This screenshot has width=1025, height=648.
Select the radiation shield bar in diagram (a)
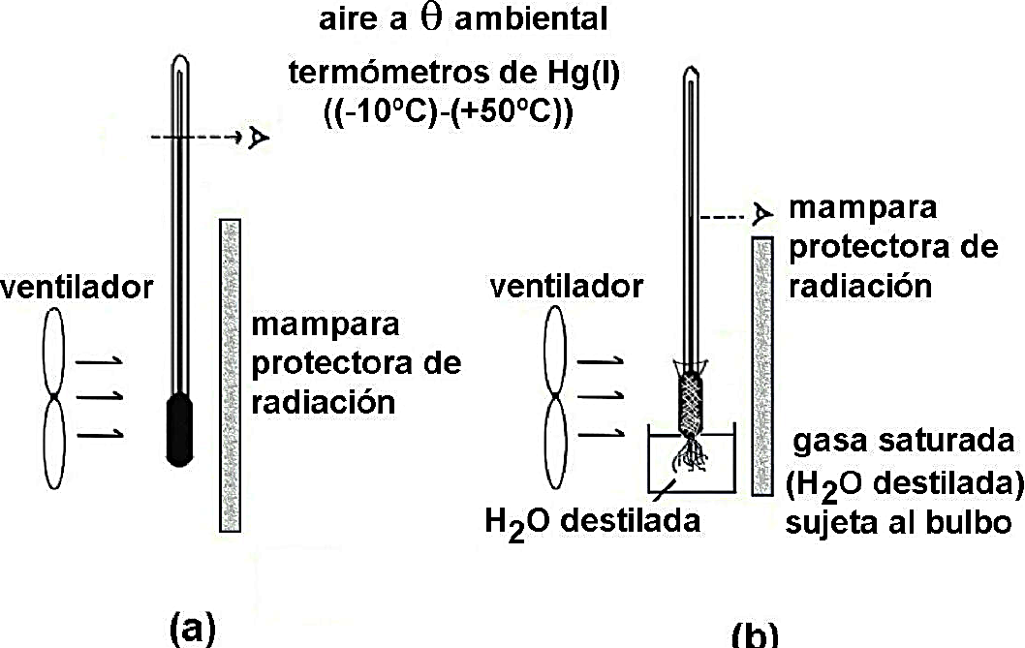230,375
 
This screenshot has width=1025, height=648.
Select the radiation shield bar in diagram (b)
762,365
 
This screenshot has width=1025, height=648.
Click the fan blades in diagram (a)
55,400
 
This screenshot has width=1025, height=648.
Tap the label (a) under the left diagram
191,629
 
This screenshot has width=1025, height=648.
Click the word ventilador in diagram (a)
77,287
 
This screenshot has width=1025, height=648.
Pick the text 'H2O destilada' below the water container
593,521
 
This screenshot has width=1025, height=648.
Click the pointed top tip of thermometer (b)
692,73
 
